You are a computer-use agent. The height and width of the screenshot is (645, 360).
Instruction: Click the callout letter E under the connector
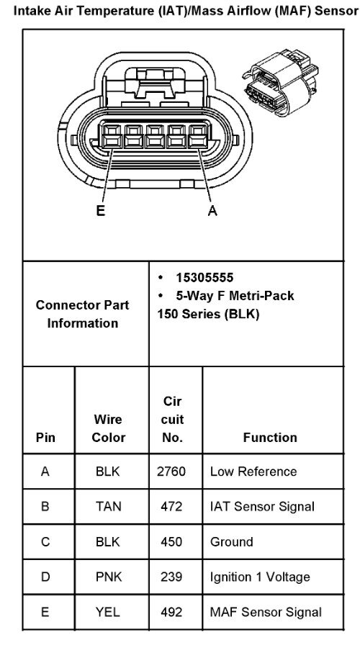pyautogui.click(x=101, y=211)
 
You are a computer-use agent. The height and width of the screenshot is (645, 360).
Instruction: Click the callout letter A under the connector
pyautogui.click(x=212, y=211)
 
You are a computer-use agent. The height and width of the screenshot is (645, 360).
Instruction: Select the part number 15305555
pyautogui.click(x=204, y=278)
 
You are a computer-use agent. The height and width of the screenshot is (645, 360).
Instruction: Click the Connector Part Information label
pyautogui.click(x=82, y=314)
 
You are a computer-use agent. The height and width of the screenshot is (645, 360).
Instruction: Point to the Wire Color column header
pyautogui.click(x=108, y=428)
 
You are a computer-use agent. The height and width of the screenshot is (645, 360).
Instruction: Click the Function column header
pyautogui.click(x=270, y=437)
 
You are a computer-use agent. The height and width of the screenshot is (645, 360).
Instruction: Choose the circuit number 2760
pyautogui.click(x=171, y=472)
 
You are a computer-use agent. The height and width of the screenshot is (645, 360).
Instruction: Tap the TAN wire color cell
pyautogui.click(x=108, y=506)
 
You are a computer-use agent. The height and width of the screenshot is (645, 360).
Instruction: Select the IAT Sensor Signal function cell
pyautogui.click(x=262, y=506)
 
